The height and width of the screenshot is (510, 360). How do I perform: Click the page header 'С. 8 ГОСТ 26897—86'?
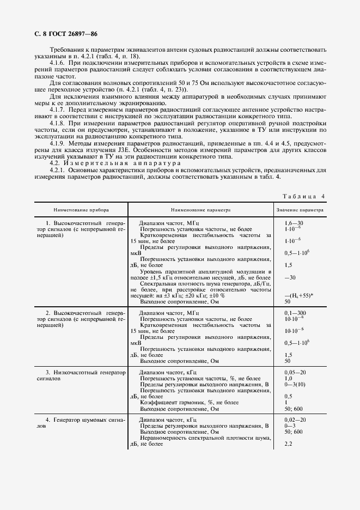point(63,34)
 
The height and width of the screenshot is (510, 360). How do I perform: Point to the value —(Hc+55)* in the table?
point(298,295)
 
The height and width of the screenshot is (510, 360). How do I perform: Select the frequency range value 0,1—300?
point(295,313)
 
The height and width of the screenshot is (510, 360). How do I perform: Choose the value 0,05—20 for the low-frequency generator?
point(295,373)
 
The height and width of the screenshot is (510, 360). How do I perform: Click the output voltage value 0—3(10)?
point(295,385)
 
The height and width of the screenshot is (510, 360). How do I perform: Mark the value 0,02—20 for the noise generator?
point(295,420)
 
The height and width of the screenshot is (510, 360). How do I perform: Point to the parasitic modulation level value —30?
point(290,277)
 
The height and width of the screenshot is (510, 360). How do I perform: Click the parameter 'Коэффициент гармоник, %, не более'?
point(189,403)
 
